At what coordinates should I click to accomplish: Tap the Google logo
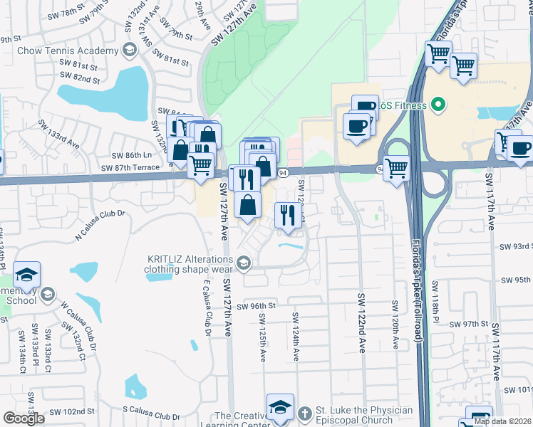click(x=24, y=418)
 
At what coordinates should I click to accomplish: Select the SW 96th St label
click(x=256, y=306)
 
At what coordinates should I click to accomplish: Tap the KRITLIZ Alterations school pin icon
click(x=244, y=265)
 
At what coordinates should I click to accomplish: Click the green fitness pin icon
click(x=439, y=106)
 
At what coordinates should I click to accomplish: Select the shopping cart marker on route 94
click(x=396, y=169)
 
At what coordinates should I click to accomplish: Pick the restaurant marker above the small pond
click(x=288, y=215)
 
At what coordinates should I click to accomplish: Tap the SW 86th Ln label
click(x=132, y=154)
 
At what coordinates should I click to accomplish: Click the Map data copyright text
click(x=502, y=421)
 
